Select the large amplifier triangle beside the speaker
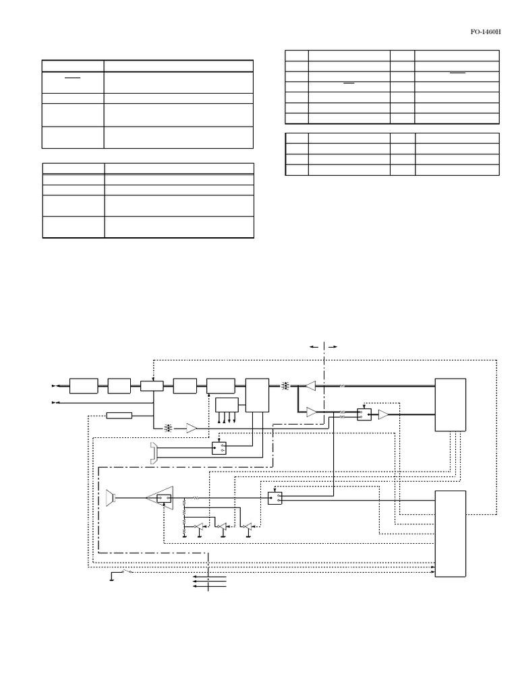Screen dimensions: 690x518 click(161, 499)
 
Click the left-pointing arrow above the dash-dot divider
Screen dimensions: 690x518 click(315, 346)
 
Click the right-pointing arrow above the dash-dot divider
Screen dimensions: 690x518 click(332, 346)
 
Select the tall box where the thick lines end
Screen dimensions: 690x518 click(451, 404)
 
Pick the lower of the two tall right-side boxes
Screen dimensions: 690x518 click(451, 534)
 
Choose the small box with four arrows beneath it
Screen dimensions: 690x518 click(227, 405)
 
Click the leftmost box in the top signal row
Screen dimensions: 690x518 click(84, 386)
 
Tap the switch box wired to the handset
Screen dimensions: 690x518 click(219, 448)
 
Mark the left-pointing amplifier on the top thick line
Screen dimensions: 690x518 click(310, 386)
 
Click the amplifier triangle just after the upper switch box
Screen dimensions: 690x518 click(384, 415)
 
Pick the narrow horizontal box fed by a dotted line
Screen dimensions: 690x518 click(119, 415)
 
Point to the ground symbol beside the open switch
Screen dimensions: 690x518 click(112, 578)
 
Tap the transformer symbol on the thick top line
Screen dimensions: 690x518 click(285, 386)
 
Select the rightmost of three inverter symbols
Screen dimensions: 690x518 click(246, 526)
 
